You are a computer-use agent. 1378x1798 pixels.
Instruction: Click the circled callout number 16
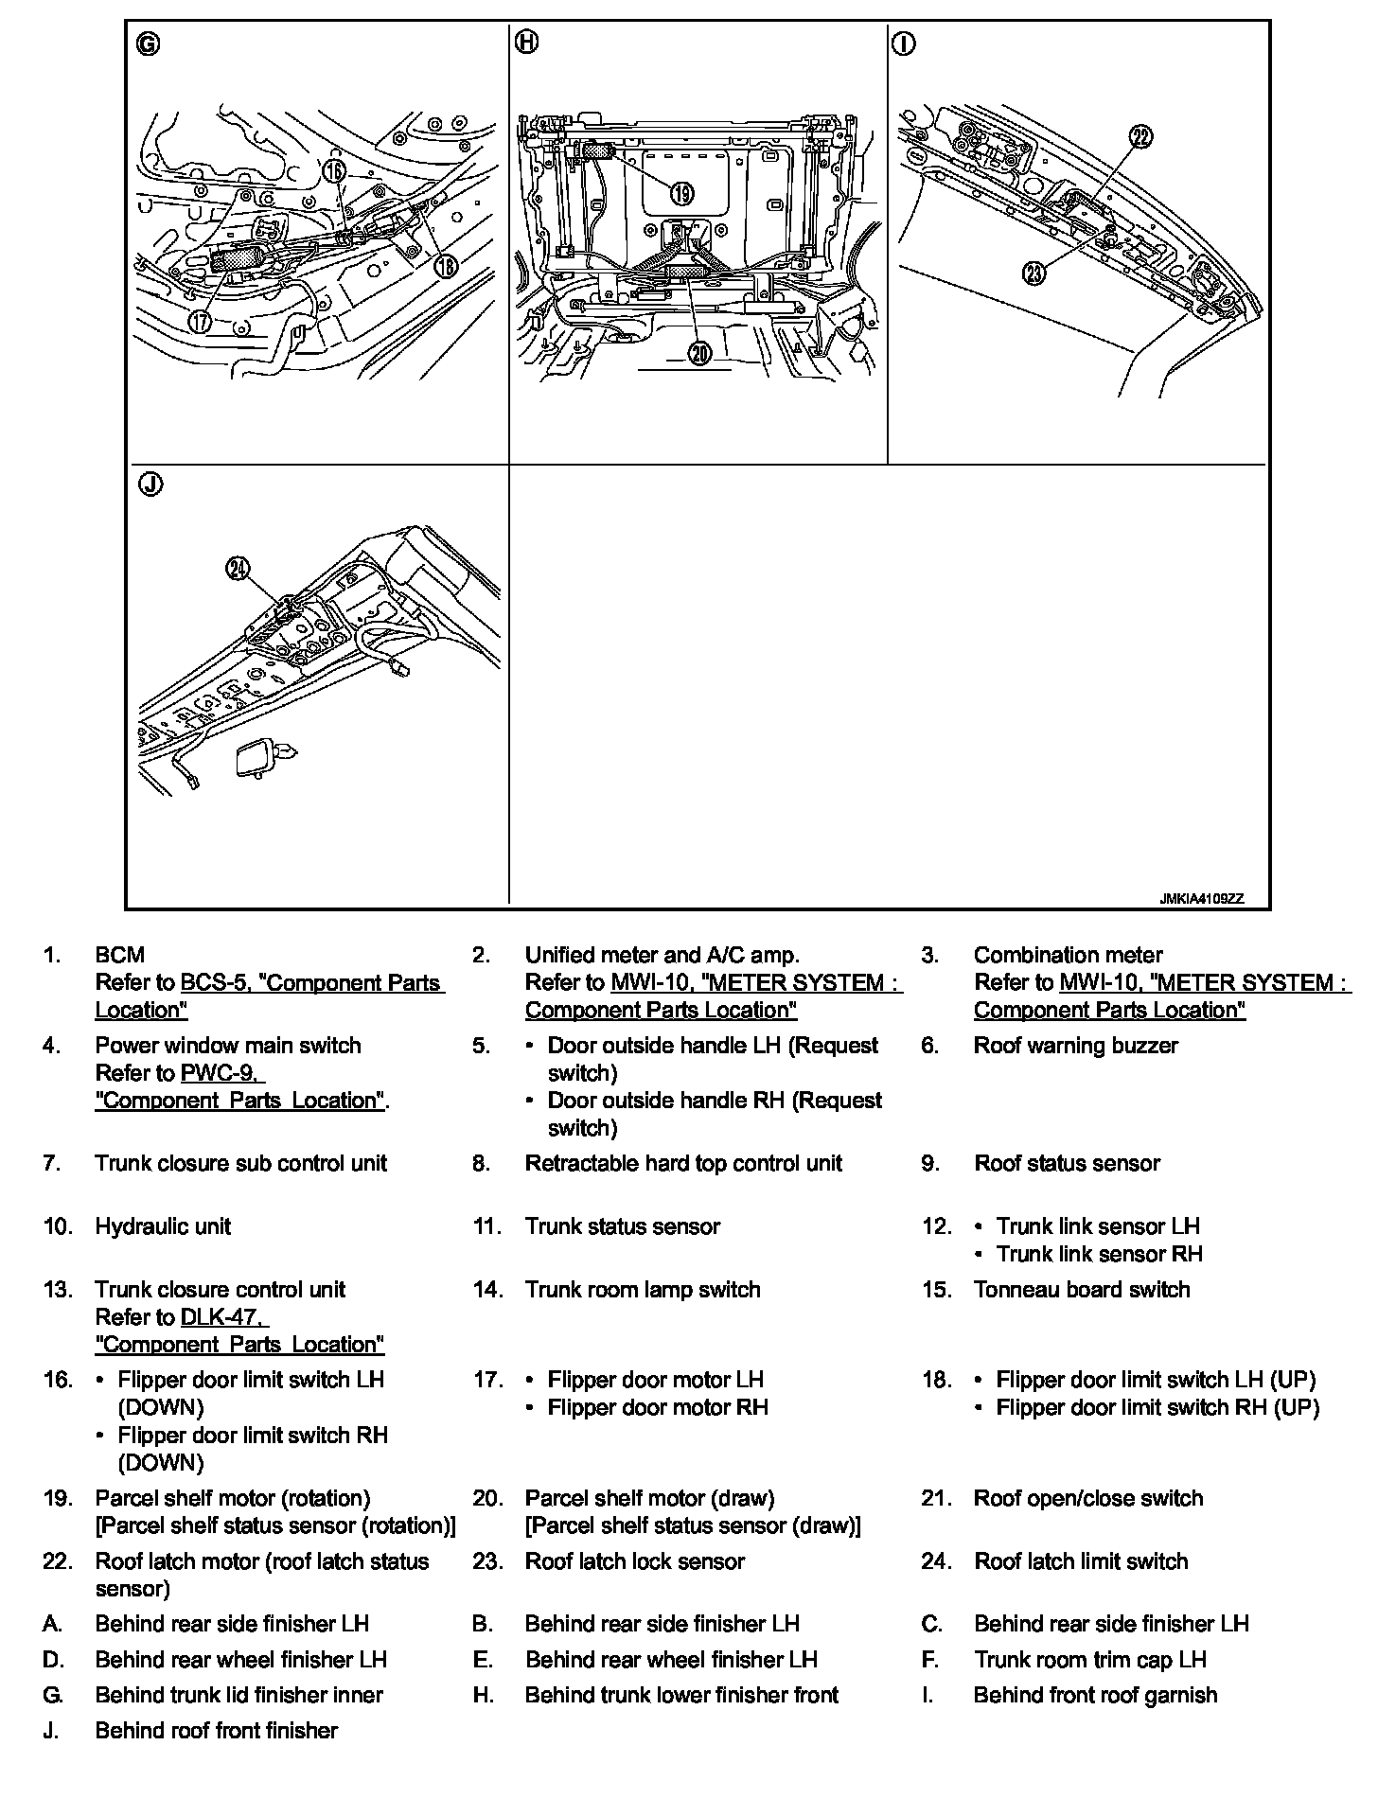click(x=333, y=171)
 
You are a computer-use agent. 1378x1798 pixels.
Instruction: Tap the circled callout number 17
click(x=200, y=321)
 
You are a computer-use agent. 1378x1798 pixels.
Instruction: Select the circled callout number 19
click(x=681, y=194)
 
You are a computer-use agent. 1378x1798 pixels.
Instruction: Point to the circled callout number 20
click(x=698, y=354)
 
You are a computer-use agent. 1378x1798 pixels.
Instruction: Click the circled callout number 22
click(x=1140, y=137)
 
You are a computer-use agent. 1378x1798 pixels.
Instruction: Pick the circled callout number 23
click(x=1034, y=273)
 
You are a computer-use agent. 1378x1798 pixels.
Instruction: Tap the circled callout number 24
click(x=238, y=568)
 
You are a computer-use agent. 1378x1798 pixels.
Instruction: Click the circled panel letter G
click(x=149, y=44)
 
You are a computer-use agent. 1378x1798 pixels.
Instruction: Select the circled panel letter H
click(x=527, y=42)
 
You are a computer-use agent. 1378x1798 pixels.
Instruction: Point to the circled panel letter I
click(x=904, y=44)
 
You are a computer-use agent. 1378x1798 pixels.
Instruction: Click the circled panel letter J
click(x=150, y=485)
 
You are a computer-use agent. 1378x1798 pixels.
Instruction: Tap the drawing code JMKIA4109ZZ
click(x=1202, y=899)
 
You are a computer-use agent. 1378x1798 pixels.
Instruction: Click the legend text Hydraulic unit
click(x=163, y=1226)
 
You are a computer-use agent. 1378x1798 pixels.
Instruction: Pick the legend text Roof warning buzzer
click(x=1075, y=1046)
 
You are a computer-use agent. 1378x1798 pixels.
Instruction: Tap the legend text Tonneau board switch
click(x=1081, y=1289)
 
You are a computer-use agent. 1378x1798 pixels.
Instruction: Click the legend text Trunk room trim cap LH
click(x=1089, y=1659)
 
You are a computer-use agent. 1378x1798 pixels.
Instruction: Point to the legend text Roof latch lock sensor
click(x=634, y=1561)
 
